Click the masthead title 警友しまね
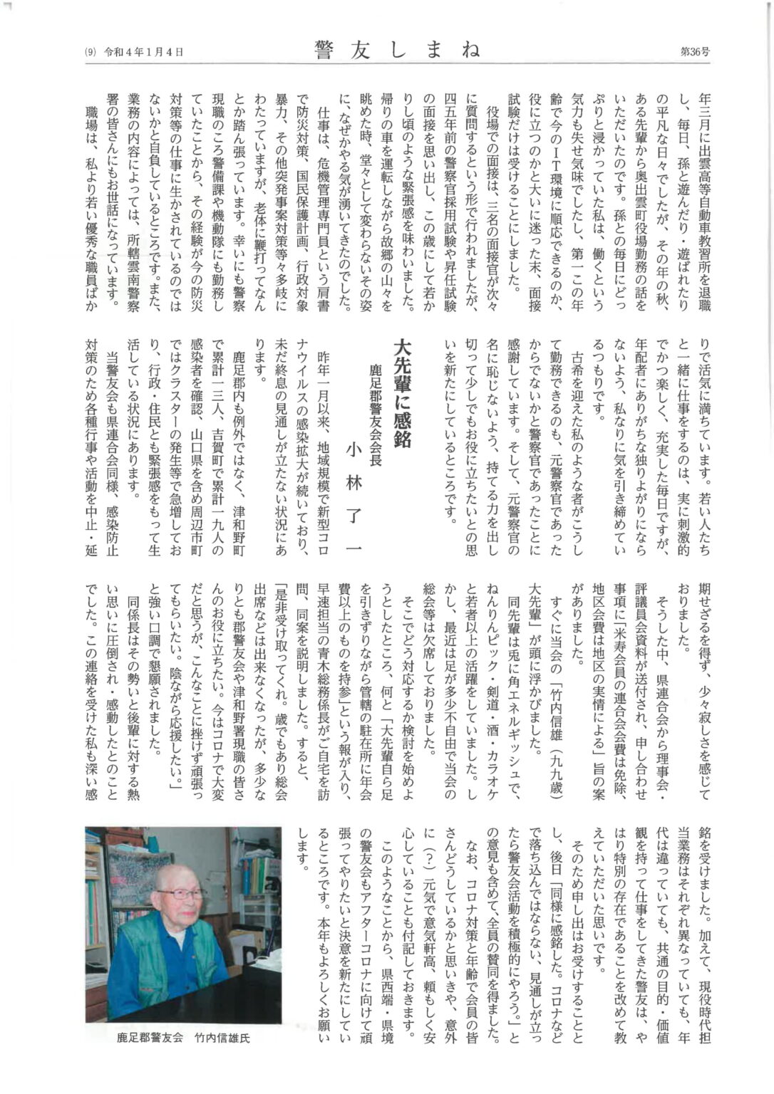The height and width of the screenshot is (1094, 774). tap(398, 50)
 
